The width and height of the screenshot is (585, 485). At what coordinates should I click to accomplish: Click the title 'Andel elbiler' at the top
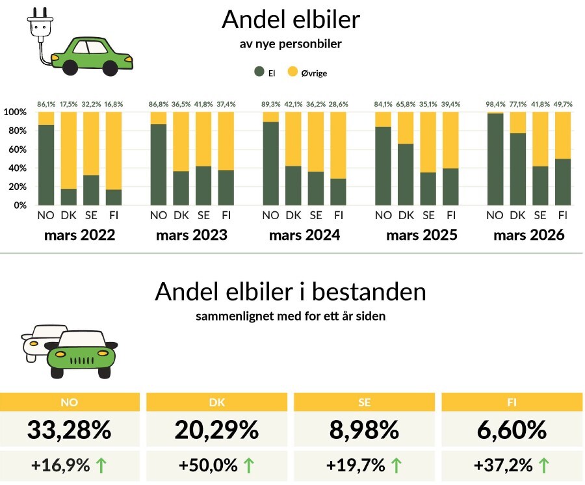click(x=291, y=20)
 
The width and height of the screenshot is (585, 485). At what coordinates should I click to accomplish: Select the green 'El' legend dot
click(x=259, y=73)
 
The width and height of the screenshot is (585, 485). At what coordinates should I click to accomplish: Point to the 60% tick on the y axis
click(x=17, y=150)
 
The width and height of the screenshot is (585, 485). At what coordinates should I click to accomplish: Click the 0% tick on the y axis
click(x=19, y=205)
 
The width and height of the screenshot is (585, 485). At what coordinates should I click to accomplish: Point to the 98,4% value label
click(x=495, y=104)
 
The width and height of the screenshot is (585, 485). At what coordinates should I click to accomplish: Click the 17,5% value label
click(x=68, y=104)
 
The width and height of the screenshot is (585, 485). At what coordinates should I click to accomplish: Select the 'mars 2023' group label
click(x=192, y=235)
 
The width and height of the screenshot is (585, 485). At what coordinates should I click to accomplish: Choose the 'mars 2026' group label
click(x=528, y=235)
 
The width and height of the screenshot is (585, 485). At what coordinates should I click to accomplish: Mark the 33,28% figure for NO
click(x=69, y=430)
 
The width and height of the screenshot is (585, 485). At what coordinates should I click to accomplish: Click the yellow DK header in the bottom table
click(x=216, y=402)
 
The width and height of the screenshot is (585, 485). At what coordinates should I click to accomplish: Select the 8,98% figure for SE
click(x=364, y=430)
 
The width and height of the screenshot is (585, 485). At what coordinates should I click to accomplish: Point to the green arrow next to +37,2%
click(x=543, y=465)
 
